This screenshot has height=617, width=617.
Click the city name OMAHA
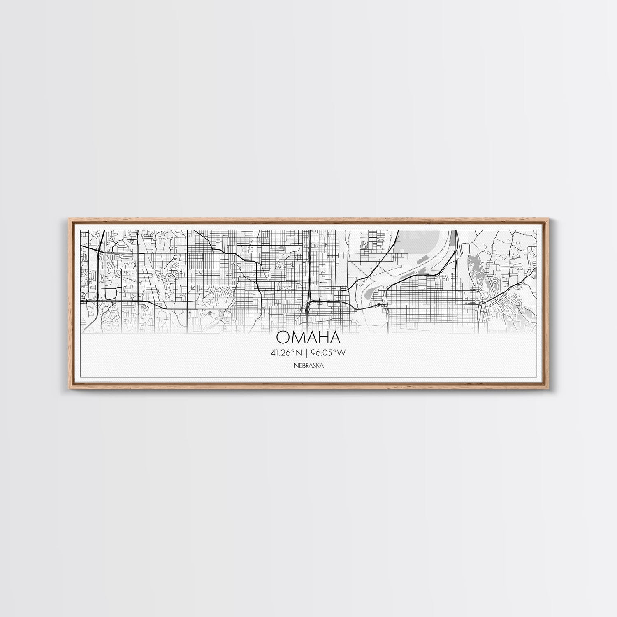[x=308, y=337]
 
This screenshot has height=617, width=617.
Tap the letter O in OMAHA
[x=284, y=337]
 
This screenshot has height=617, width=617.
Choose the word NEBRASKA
[x=308, y=365]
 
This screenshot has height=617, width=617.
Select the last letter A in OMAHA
[x=334, y=337]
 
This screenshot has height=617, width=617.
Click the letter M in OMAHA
[x=299, y=337]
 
